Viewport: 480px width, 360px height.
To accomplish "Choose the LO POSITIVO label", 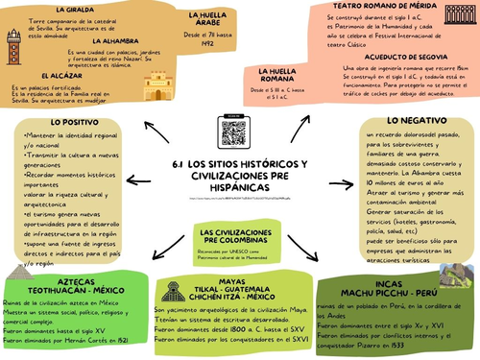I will (73, 123).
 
